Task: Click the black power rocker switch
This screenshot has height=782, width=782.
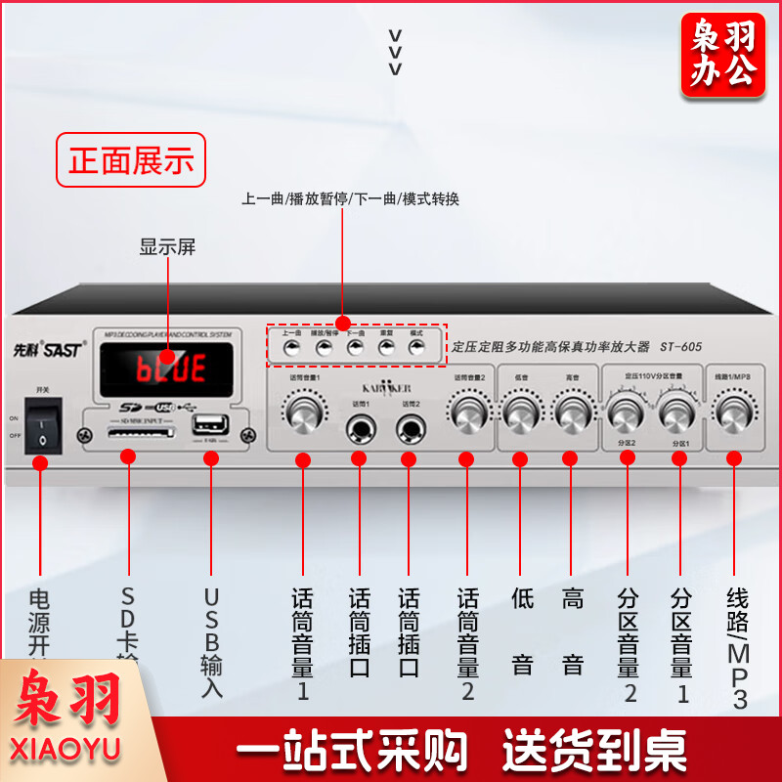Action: click(40, 426)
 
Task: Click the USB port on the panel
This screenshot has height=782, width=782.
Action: click(208, 427)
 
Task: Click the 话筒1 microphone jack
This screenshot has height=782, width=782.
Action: click(359, 426)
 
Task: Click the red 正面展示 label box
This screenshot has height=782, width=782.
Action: click(131, 159)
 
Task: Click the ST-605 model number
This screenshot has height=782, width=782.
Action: click(680, 346)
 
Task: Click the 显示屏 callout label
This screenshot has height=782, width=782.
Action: click(167, 247)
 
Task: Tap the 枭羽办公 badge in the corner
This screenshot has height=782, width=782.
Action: click(723, 56)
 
